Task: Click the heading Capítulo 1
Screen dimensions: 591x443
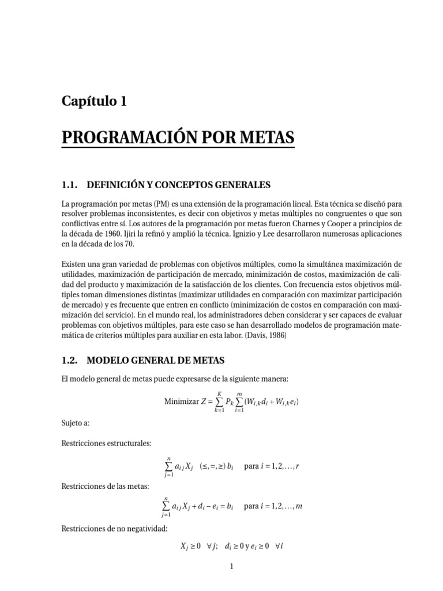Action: point(94,102)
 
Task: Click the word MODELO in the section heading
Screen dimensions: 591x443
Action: point(106,360)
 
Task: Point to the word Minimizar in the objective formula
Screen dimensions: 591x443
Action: point(180,402)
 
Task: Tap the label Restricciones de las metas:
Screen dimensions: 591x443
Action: point(104,486)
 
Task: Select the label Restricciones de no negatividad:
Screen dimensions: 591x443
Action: point(114,528)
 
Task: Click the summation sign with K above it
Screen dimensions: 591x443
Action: point(219,402)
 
